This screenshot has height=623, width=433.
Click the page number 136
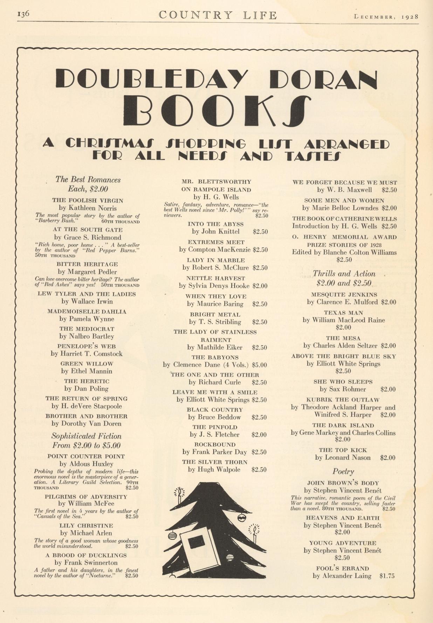23,14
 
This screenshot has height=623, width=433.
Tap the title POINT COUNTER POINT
86,456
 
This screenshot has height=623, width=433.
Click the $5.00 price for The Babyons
259,365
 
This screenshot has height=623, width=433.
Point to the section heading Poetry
343,471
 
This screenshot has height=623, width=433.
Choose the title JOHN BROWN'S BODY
343,483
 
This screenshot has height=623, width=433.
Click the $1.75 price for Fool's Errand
387,576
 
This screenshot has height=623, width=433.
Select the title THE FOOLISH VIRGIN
88,201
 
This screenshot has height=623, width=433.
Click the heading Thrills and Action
344,274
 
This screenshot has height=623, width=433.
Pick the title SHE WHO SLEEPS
343,382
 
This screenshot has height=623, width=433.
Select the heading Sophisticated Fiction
87,436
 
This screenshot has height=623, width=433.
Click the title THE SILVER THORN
215,462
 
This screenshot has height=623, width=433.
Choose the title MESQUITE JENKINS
344,295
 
